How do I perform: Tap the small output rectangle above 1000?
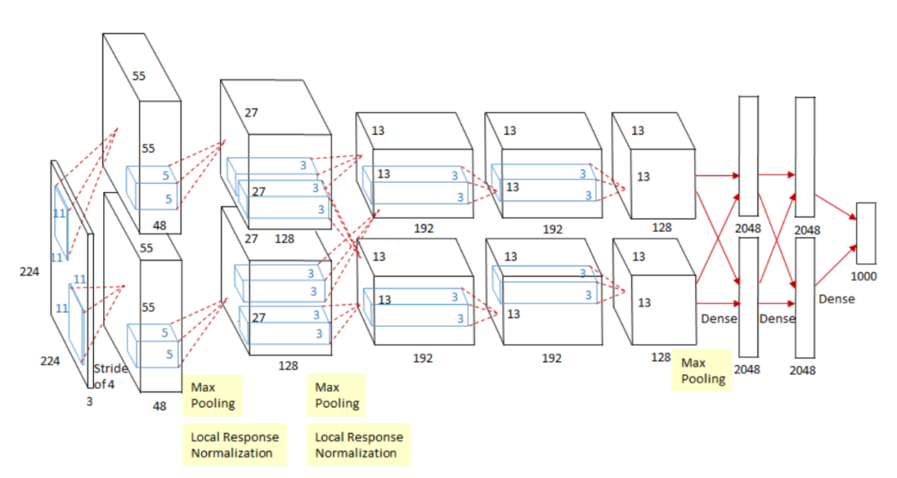(x=865, y=233)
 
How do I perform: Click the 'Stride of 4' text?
(x=110, y=376)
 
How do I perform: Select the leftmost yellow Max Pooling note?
(x=213, y=396)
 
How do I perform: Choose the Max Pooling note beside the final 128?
(x=702, y=371)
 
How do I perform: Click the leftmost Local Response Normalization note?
(x=235, y=445)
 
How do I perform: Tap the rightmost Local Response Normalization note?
(x=359, y=445)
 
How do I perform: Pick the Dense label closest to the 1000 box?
(x=836, y=298)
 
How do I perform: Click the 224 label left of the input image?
(x=30, y=271)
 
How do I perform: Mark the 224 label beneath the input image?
(x=51, y=360)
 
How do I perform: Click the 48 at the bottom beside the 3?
(x=159, y=407)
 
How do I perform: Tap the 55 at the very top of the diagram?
(x=139, y=76)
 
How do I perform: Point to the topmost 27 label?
(x=252, y=113)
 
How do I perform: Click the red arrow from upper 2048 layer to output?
(x=834, y=207)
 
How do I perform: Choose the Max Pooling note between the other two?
(x=337, y=396)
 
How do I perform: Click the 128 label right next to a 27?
(x=284, y=239)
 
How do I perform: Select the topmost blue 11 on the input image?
(x=59, y=213)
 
